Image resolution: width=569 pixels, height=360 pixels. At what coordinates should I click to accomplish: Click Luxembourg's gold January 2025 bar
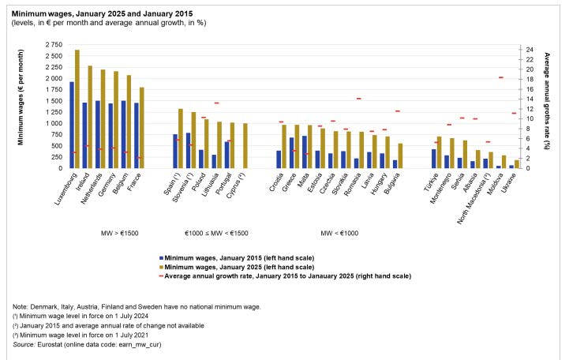(x=77, y=109)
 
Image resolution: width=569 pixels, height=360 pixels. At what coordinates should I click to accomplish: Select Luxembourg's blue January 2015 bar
(x=72, y=126)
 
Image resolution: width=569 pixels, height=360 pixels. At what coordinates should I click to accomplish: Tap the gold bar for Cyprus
(x=245, y=146)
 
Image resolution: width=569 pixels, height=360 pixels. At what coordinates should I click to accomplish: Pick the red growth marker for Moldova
(x=501, y=77)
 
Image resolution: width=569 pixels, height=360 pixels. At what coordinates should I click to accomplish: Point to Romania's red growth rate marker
(x=359, y=99)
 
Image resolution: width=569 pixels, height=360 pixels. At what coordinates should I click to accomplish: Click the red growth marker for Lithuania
(x=217, y=103)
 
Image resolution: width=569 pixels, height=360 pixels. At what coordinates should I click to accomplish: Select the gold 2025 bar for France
(x=141, y=128)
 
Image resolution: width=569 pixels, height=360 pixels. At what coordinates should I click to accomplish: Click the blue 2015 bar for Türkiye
(x=433, y=159)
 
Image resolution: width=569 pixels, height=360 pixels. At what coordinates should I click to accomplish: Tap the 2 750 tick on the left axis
(x=54, y=45)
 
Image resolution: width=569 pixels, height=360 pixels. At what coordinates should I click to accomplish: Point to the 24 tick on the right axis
(x=530, y=50)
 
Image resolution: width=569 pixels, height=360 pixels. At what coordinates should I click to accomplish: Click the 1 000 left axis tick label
(x=54, y=123)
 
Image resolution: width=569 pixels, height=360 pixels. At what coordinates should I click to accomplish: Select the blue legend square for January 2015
(x=161, y=258)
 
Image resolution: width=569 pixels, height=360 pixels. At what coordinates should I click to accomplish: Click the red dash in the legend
(x=161, y=276)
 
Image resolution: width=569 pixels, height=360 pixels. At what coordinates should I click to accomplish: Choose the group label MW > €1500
(x=119, y=234)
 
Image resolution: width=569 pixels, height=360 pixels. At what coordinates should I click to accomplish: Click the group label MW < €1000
(x=339, y=234)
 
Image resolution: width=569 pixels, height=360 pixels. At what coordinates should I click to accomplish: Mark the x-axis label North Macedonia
(x=474, y=198)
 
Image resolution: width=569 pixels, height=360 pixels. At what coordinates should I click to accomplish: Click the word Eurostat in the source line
(x=50, y=344)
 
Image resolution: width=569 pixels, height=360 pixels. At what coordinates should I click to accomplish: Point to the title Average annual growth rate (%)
(x=547, y=101)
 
